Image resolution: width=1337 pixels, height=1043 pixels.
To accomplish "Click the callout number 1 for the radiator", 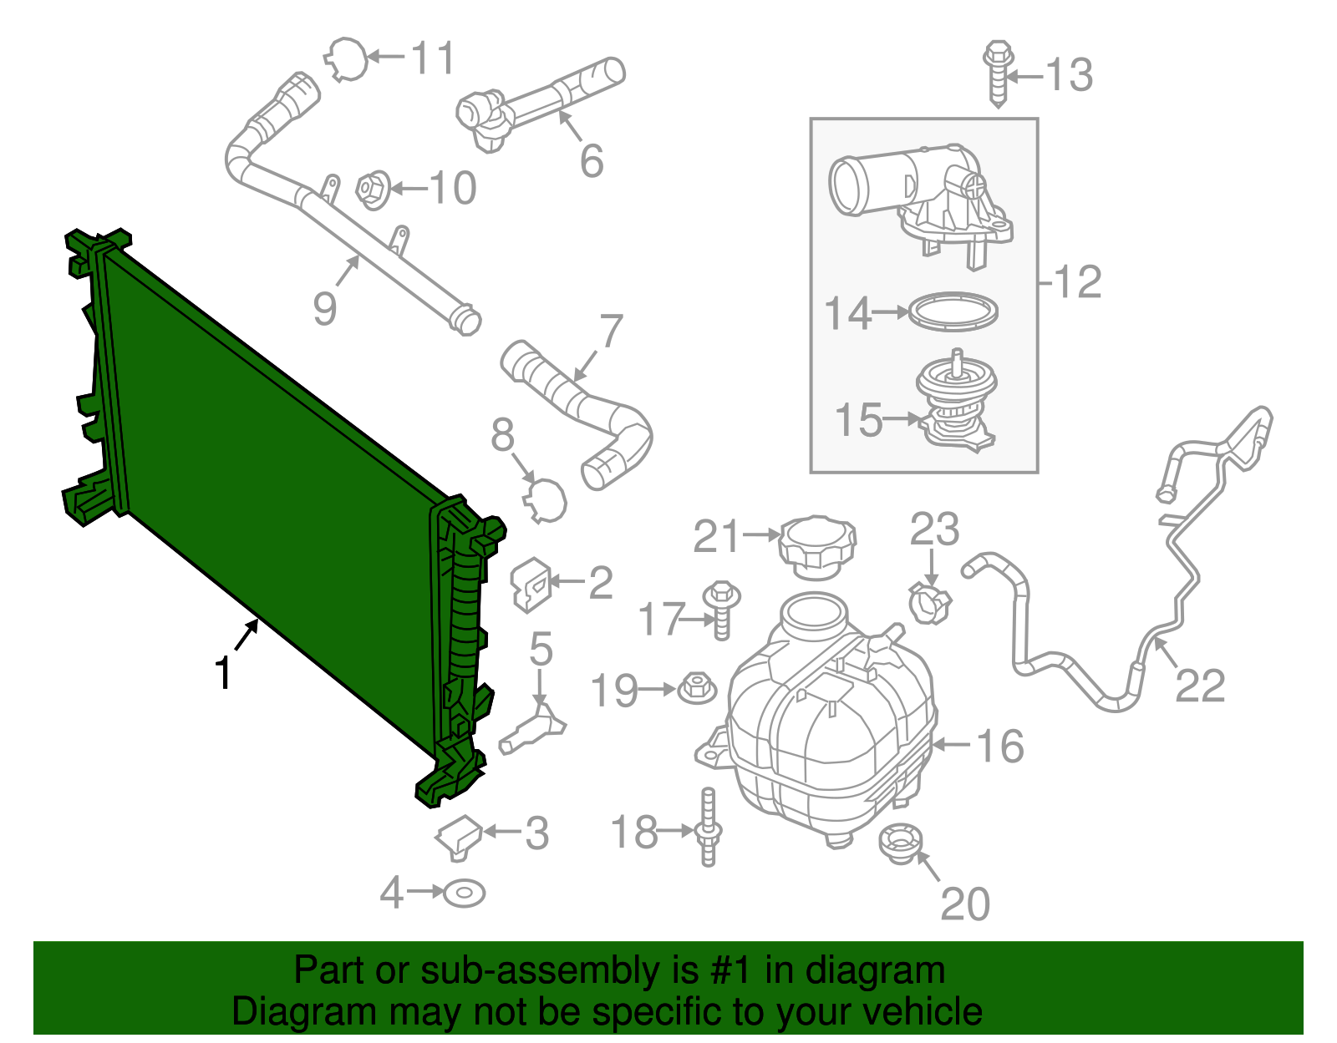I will pyautogui.click(x=222, y=673).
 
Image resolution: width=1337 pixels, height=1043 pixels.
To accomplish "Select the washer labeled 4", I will pyautogui.click(x=464, y=893).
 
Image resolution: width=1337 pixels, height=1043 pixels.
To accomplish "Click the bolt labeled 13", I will pyautogui.click(x=998, y=73).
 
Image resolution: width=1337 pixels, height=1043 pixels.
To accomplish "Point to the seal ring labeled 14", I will pyautogui.click(x=953, y=311).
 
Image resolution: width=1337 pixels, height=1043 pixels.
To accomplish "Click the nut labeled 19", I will pyautogui.click(x=697, y=689).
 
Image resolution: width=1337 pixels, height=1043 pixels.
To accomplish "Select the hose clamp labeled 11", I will pyautogui.click(x=346, y=58).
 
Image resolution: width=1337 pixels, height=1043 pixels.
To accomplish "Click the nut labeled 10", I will pyautogui.click(x=374, y=189).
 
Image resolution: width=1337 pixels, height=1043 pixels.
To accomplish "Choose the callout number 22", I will pyautogui.click(x=1200, y=686).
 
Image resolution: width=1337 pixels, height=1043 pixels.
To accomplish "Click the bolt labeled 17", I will pyautogui.click(x=721, y=609).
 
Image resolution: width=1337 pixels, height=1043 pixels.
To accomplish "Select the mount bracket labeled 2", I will pyautogui.click(x=530, y=584).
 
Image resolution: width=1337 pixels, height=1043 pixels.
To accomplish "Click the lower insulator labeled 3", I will pyautogui.click(x=459, y=836).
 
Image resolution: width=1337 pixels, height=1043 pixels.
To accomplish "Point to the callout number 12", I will pyautogui.click(x=1079, y=282).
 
